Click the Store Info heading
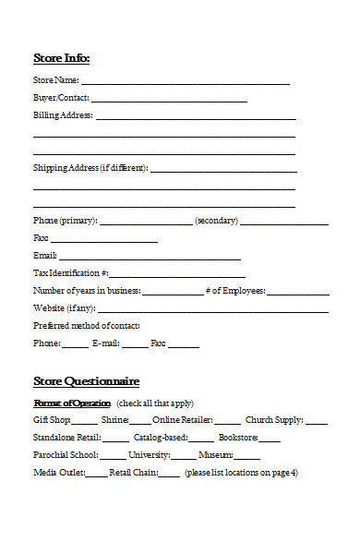tap(61, 58)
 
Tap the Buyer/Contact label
tap(61, 98)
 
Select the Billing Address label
tap(63, 115)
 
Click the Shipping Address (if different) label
tap(90, 168)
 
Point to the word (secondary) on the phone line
tap(216, 221)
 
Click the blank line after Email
tap(150, 257)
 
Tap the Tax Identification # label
tap(71, 273)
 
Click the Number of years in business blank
tap(173, 292)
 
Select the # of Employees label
tap(235, 291)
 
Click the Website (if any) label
tap(64, 308)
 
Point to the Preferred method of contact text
tap(87, 326)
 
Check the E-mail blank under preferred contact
tap(134, 344)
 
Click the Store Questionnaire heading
tap(86, 380)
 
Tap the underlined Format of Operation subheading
tap(72, 403)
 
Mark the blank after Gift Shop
tap(85, 421)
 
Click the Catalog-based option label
tap(161, 438)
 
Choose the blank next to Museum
tap(247, 456)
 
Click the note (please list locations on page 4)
tap(241, 473)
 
